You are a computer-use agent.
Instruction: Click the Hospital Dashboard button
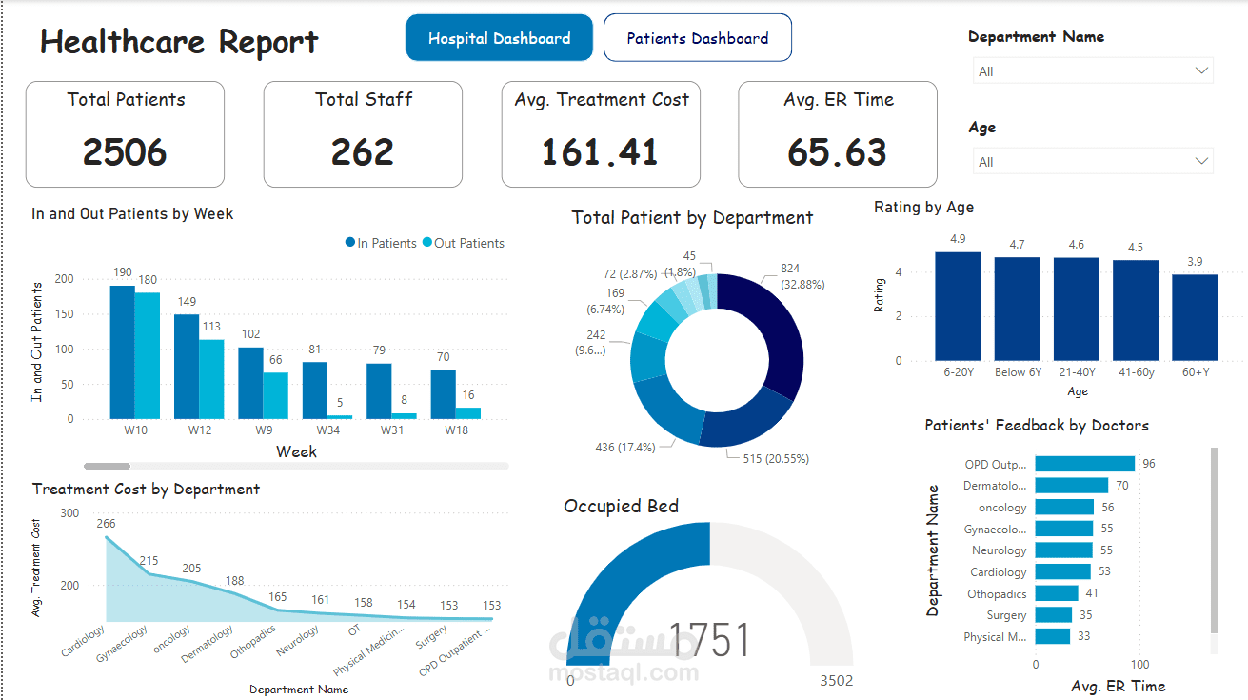click(x=499, y=38)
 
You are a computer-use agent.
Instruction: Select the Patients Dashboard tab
click(x=697, y=38)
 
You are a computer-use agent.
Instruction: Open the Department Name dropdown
click(x=1093, y=71)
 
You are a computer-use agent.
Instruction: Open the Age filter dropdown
click(x=1093, y=162)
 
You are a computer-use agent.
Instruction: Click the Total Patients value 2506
click(x=125, y=152)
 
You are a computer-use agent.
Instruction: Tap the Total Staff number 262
click(x=363, y=152)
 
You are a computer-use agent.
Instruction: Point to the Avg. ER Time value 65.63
click(x=838, y=152)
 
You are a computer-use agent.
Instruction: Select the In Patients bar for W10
click(x=122, y=352)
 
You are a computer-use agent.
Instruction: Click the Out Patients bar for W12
click(x=211, y=379)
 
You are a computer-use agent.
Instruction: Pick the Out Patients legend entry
click(x=468, y=243)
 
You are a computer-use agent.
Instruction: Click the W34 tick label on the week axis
click(x=314, y=431)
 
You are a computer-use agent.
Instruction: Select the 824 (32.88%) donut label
click(x=802, y=276)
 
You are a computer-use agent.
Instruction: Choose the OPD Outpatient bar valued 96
click(x=1084, y=464)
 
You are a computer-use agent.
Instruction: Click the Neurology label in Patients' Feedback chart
click(x=999, y=550)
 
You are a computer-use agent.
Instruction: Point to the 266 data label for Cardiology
click(x=106, y=523)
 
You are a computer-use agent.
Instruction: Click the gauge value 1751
click(x=710, y=640)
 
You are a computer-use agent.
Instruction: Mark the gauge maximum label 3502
click(x=837, y=680)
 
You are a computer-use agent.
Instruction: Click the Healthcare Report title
click(x=179, y=42)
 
